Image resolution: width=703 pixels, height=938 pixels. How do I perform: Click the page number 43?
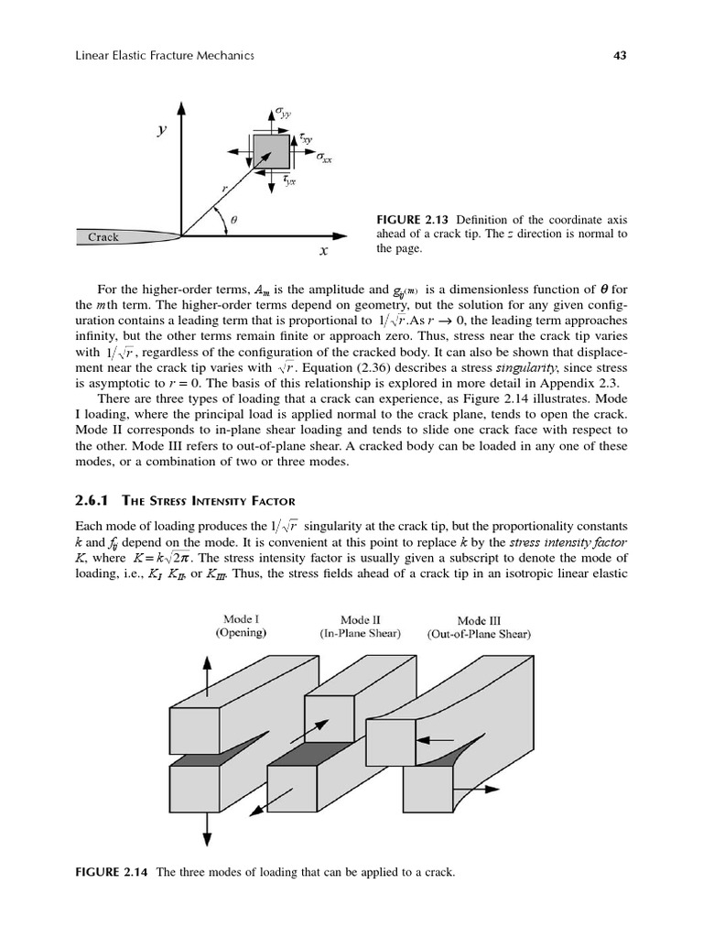click(619, 56)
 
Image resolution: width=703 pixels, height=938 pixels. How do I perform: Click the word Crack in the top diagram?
click(103, 237)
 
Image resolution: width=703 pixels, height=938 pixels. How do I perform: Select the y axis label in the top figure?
click(162, 130)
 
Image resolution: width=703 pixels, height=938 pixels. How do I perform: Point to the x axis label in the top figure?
click(324, 249)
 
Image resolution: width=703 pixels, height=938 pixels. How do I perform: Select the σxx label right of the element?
click(324, 158)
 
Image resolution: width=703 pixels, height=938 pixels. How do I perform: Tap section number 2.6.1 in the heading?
click(91, 499)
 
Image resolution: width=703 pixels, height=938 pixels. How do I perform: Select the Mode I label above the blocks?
click(242, 618)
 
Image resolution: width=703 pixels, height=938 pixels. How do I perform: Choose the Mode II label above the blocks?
click(360, 619)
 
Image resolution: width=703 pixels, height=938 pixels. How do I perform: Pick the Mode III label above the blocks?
click(479, 620)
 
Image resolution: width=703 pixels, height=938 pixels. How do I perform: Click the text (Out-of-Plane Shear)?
click(479, 634)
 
